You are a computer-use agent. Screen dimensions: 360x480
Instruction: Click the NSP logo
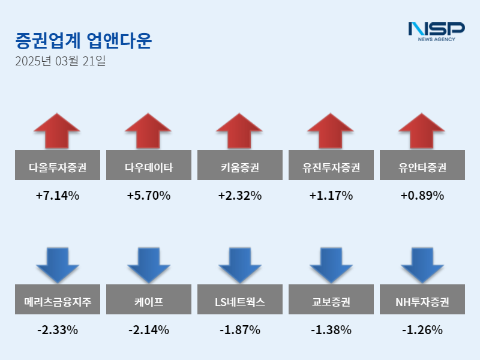[436, 31]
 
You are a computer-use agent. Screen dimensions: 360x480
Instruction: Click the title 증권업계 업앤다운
[83, 41]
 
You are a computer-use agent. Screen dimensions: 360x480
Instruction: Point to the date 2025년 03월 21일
[61, 61]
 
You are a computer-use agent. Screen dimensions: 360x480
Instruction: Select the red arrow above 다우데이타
[148, 130]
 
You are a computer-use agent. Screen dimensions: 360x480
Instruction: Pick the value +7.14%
[57, 196]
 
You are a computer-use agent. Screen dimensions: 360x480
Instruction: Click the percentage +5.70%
[148, 196]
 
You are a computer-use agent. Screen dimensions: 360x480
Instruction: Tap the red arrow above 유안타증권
[422, 130]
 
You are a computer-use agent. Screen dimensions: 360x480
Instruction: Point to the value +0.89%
[422, 196]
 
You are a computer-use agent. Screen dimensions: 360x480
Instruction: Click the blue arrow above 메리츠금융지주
[57, 265]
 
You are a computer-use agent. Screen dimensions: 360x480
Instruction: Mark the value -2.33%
[57, 330]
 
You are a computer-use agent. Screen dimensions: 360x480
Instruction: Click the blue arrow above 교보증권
[331, 265]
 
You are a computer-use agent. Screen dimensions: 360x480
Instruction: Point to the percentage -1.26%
[422, 330]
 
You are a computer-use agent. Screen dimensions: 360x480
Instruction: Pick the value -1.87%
[239, 330]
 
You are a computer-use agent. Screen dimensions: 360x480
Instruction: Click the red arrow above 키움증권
[239, 130]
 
